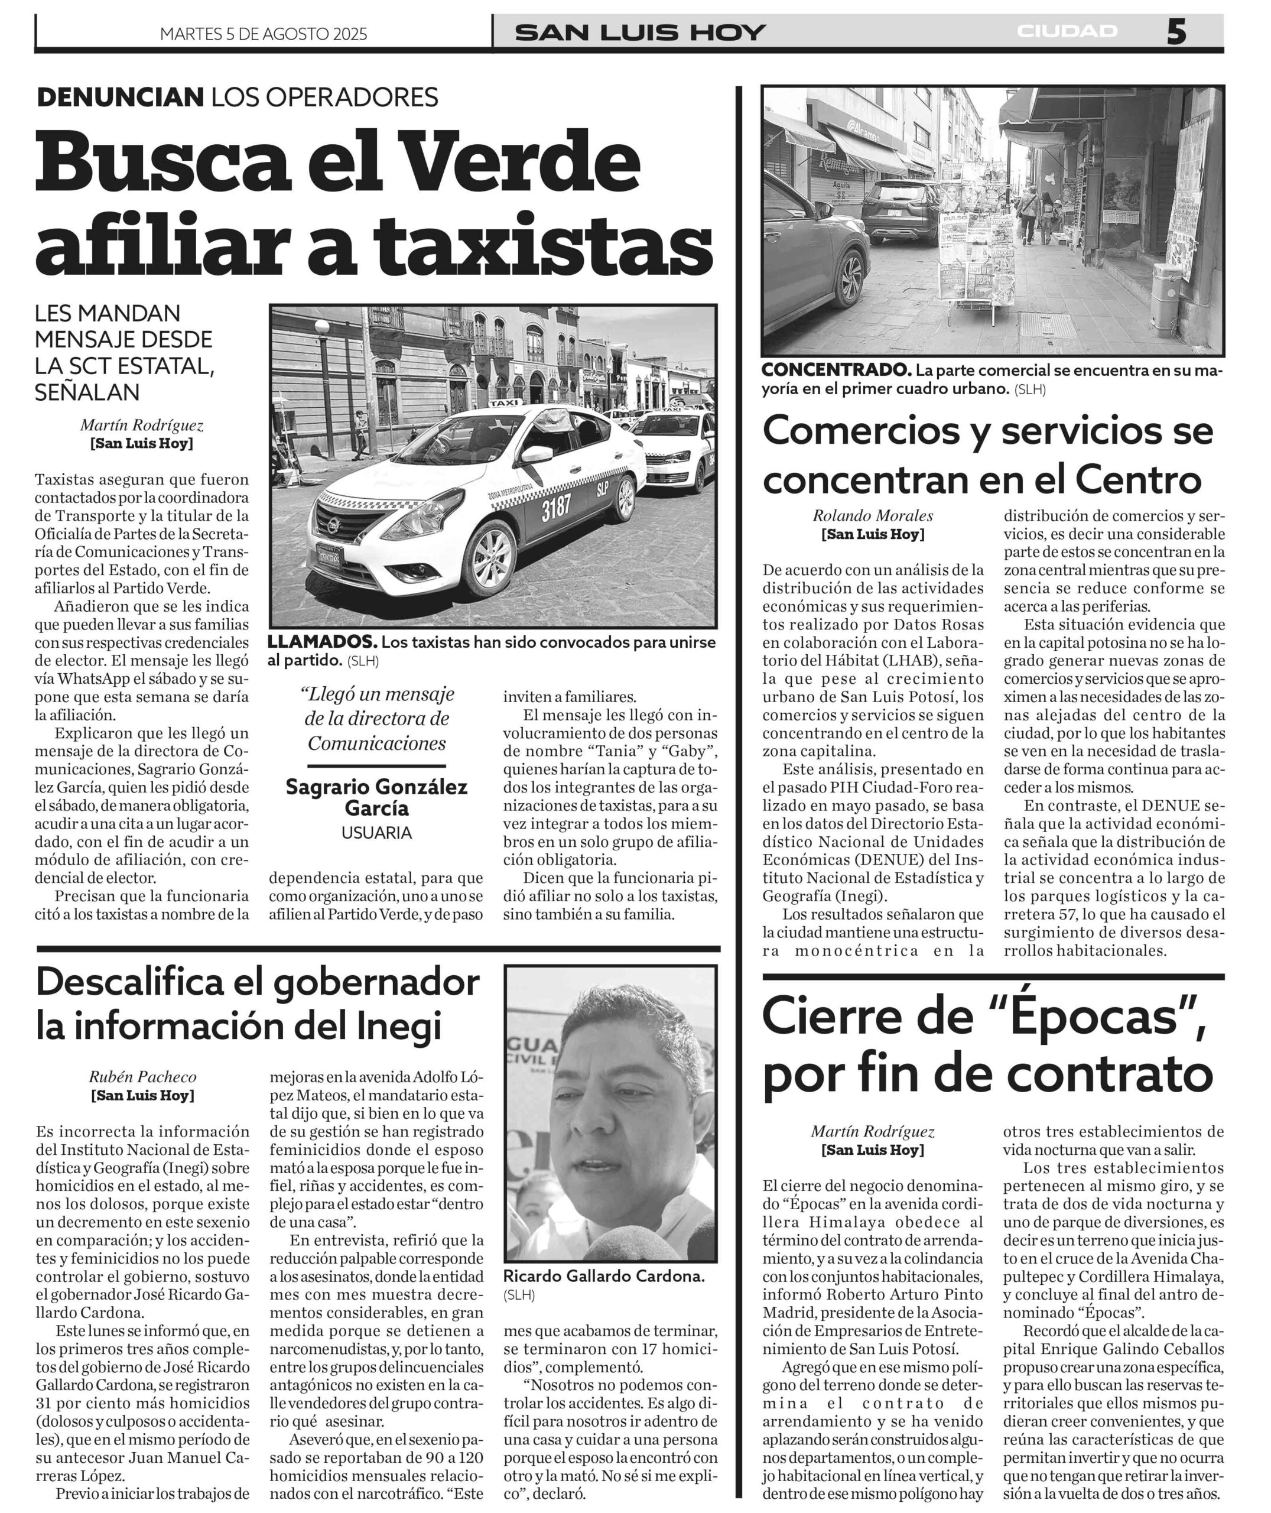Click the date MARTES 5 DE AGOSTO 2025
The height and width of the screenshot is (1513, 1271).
(263, 34)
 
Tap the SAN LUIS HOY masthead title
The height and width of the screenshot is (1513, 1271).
(641, 33)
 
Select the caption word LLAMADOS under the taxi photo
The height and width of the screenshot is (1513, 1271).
(322, 642)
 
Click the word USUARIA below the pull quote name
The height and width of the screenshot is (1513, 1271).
(376, 833)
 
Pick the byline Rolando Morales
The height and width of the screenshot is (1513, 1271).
(873, 516)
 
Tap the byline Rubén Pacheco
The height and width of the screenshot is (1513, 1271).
(142, 1077)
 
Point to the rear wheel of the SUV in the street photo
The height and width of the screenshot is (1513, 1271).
(851, 277)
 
